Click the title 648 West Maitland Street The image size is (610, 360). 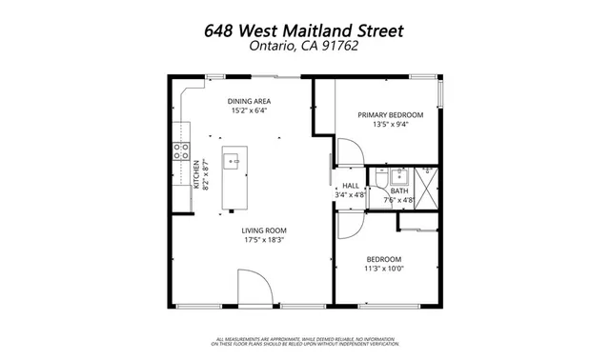pos(304,30)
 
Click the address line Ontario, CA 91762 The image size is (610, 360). pos(304,48)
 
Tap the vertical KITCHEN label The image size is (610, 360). pos(196,174)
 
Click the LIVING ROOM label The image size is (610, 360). pos(264,230)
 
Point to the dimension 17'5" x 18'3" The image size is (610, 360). pos(264,240)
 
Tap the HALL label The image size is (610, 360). pos(351,187)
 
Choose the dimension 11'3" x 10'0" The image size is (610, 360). pos(384,270)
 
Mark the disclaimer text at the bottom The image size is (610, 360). pos(304,342)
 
